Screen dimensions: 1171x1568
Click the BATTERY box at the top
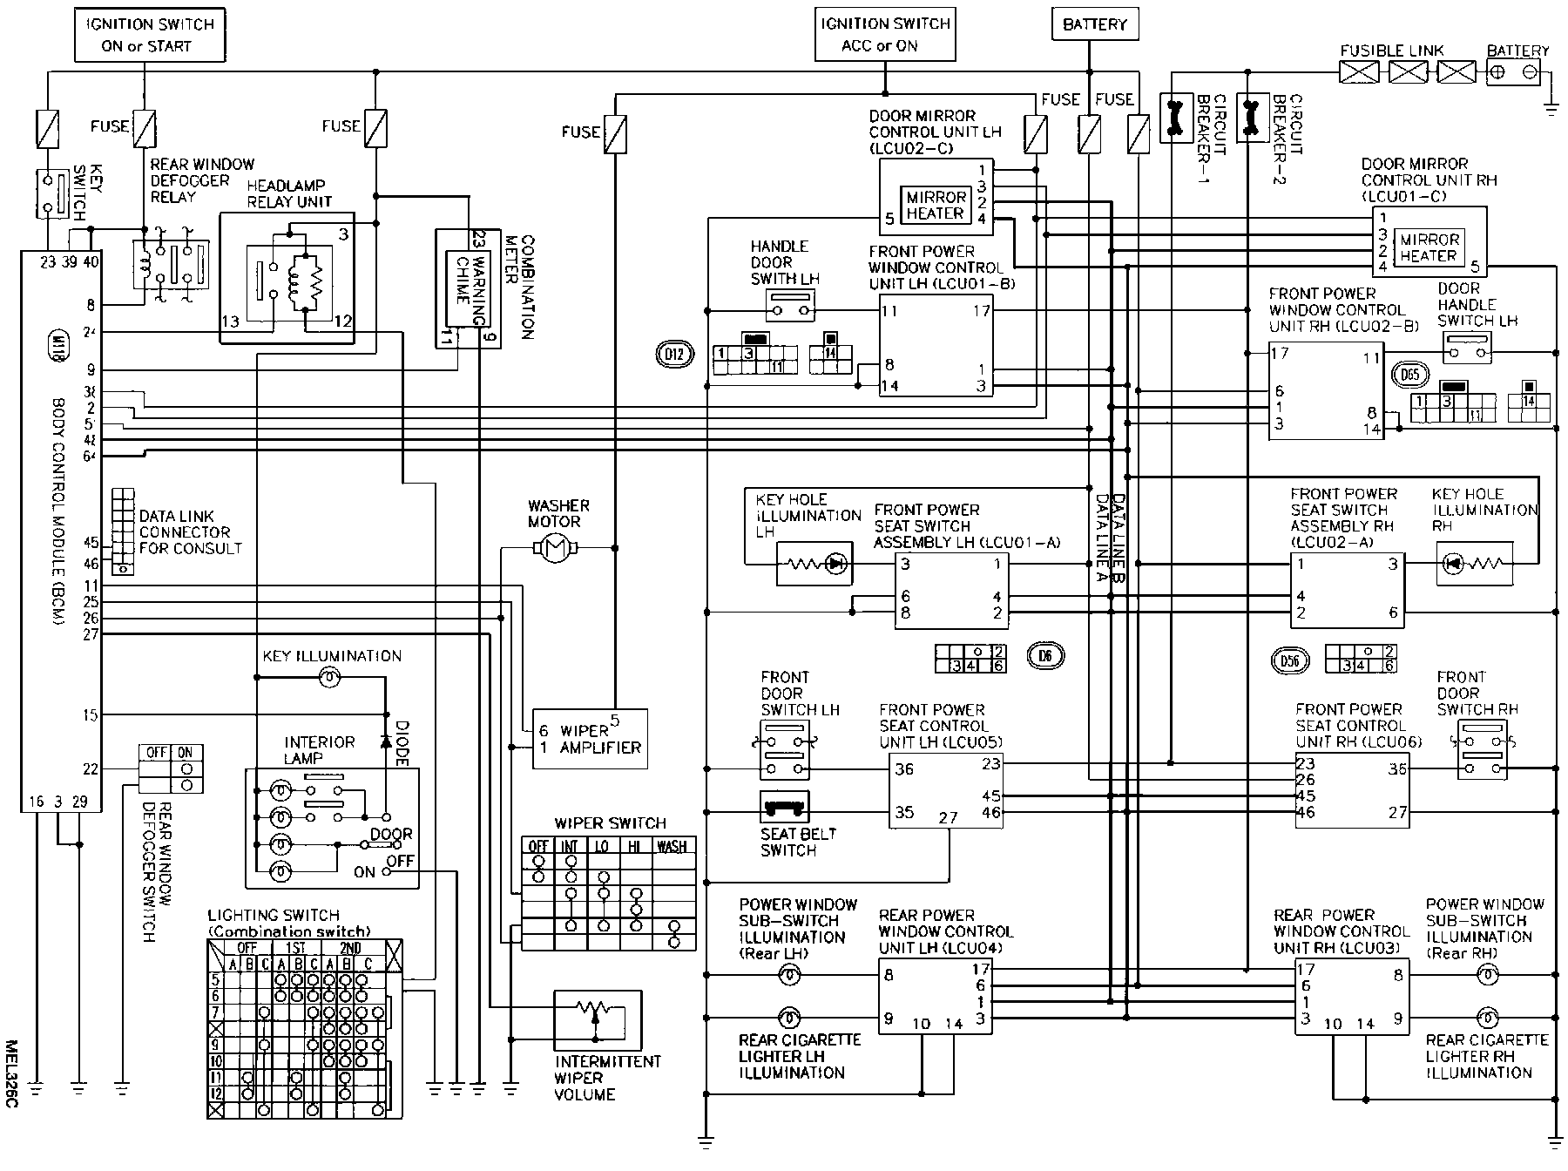(x=1094, y=24)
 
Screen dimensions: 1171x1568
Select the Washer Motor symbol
(x=555, y=548)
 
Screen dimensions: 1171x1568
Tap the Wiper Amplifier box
(x=590, y=739)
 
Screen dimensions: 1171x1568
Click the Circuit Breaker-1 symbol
(x=1174, y=118)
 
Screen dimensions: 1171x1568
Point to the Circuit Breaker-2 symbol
(x=1252, y=118)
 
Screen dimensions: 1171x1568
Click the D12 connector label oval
(x=673, y=354)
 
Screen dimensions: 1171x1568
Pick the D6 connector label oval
(x=1044, y=655)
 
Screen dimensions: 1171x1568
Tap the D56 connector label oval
(x=1289, y=660)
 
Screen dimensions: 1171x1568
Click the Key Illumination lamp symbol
(x=329, y=677)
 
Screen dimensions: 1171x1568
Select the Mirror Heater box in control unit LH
(x=936, y=206)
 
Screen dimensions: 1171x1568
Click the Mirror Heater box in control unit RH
(x=1429, y=247)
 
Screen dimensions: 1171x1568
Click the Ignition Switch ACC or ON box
(x=884, y=35)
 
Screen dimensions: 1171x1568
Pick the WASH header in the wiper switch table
(x=672, y=846)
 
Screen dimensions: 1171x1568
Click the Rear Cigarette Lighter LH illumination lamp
(x=788, y=1017)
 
